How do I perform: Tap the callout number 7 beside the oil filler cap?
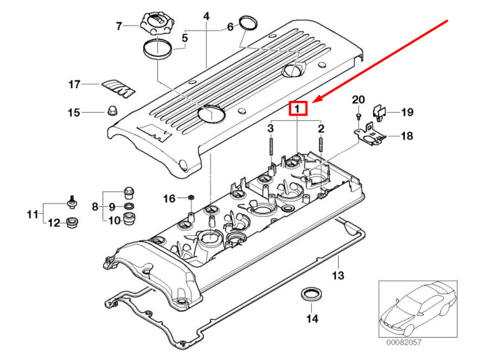coord(119,26)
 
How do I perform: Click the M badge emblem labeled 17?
coord(119,88)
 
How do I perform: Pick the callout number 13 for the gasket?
coord(338,275)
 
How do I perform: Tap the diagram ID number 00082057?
coord(403,342)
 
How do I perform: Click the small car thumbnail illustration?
coord(418,309)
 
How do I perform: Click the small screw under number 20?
coord(358,117)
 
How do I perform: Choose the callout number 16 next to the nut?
coord(169,198)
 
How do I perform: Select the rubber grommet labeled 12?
coord(72,222)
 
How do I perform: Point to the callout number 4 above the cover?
coord(206,16)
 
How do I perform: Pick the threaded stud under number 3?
coord(271,145)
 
